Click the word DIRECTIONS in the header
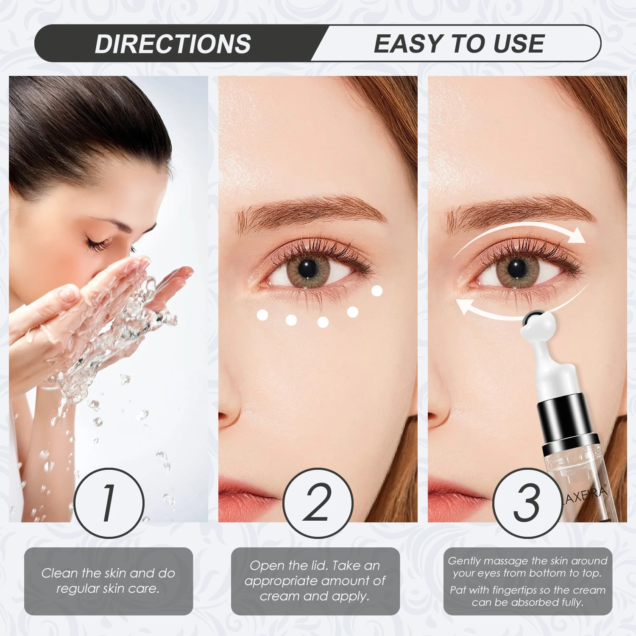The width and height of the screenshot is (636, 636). [x=173, y=44]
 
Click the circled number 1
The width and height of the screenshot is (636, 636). [x=109, y=503]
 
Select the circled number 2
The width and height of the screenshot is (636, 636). [x=318, y=503]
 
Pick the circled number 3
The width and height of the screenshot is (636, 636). [x=527, y=503]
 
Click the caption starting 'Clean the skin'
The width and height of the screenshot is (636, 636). [x=108, y=581]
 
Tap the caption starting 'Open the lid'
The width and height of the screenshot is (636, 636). [x=315, y=581]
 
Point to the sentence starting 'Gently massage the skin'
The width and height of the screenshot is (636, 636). [x=527, y=567]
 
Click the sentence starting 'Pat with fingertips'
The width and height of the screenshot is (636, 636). [x=527, y=596]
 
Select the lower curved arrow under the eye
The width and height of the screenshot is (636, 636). [x=509, y=310]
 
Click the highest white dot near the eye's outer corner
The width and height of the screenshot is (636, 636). [x=377, y=290]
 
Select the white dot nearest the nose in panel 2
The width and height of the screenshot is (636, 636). [x=262, y=315]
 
